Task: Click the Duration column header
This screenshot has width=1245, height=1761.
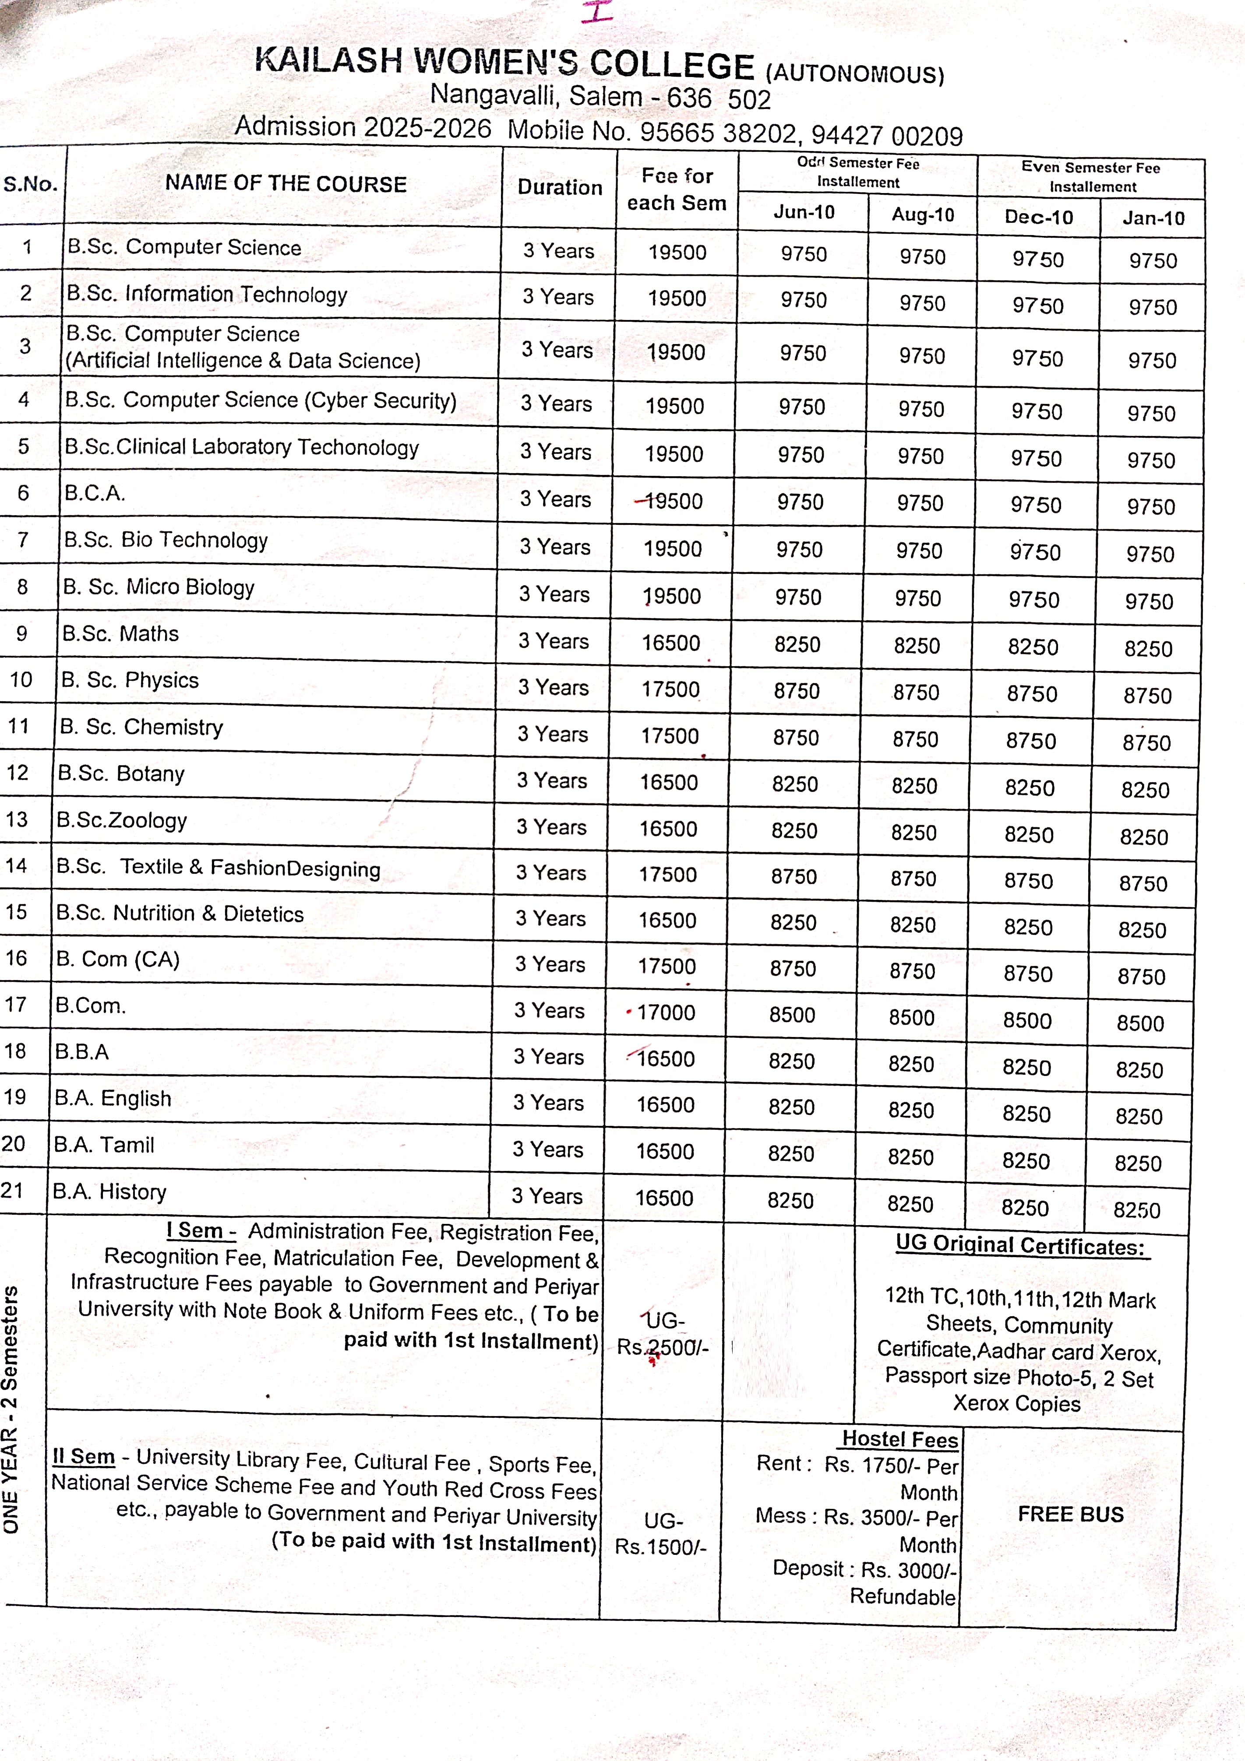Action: point(559,187)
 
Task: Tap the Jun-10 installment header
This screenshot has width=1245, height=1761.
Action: point(803,212)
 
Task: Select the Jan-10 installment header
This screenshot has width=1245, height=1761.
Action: point(1153,218)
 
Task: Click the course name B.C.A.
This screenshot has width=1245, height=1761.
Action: point(94,493)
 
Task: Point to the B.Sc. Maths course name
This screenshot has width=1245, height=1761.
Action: point(120,633)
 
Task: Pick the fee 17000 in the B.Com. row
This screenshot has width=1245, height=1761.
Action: point(666,1012)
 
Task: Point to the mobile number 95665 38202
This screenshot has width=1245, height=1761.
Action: point(718,133)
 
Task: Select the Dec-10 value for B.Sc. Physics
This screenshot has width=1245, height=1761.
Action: point(1032,694)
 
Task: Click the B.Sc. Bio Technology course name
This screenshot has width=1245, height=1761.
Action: point(166,540)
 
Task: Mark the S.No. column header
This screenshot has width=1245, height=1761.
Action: point(31,184)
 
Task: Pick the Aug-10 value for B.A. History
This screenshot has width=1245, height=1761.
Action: point(910,1204)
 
